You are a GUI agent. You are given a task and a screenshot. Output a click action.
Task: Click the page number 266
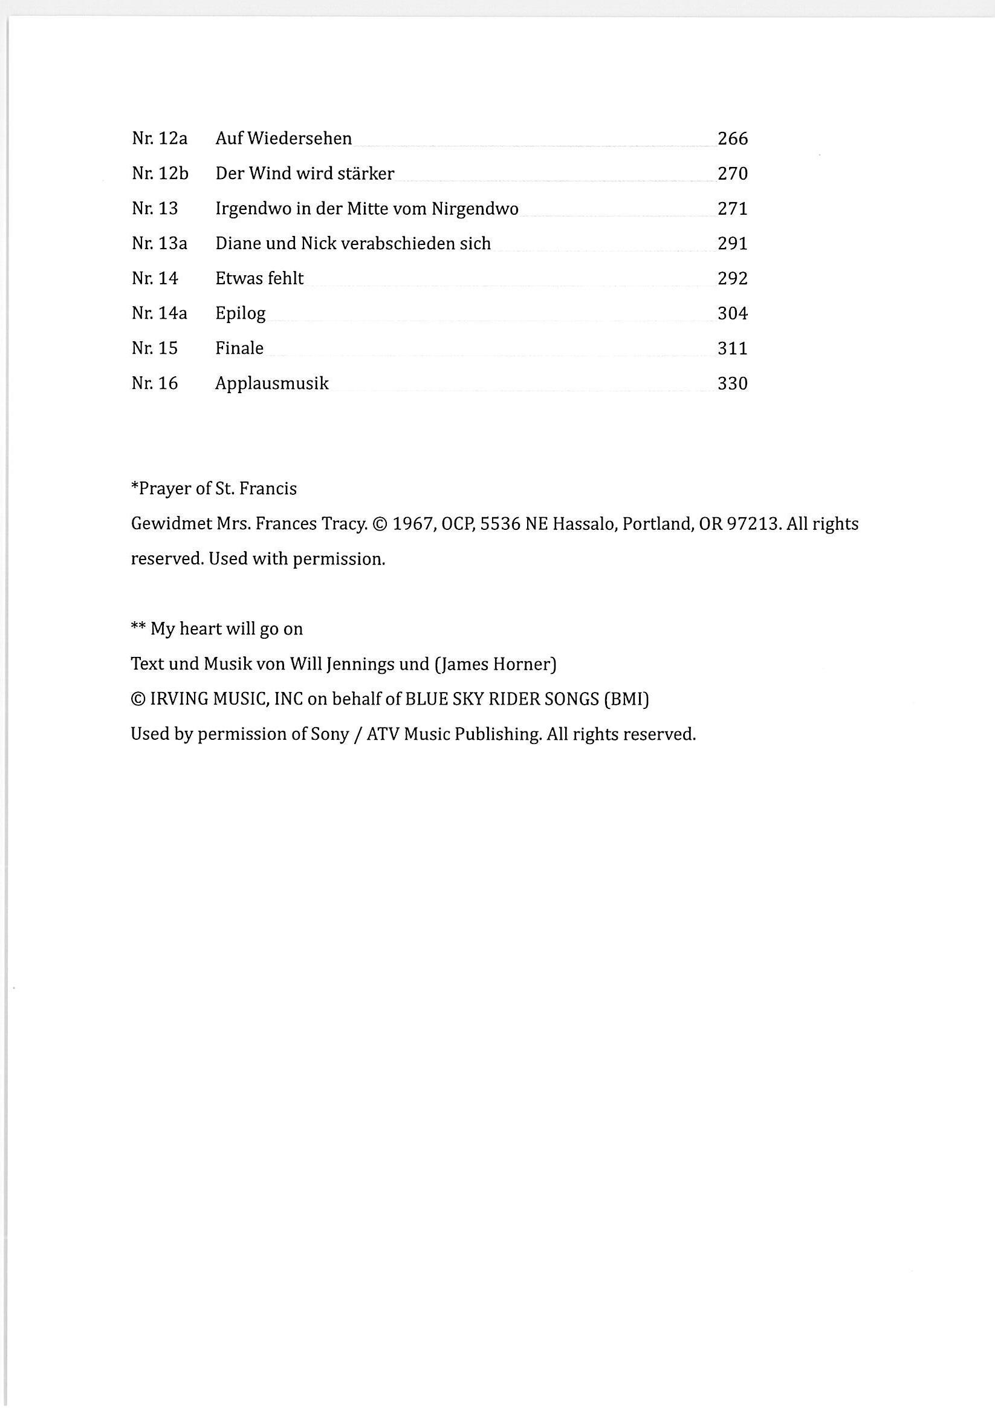(732, 139)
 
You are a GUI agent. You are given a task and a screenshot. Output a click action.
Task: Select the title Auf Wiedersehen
(284, 139)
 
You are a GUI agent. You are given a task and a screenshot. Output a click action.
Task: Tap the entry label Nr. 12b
(160, 174)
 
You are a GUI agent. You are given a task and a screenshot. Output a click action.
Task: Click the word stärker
(366, 174)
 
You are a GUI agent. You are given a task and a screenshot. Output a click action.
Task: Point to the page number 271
(732, 209)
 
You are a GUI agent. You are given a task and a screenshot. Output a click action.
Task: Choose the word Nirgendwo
(475, 209)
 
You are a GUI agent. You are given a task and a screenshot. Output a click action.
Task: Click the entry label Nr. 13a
(159, 244)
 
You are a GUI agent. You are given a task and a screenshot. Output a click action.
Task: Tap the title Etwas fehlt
(259, 279)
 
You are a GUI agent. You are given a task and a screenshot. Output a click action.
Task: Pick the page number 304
(732, 314)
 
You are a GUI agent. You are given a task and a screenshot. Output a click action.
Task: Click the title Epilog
(240, 314)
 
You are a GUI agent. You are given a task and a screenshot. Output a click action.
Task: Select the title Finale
(239, 348)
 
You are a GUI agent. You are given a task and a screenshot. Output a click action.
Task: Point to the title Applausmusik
(272, 384)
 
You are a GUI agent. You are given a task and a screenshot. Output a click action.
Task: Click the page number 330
(732, 384)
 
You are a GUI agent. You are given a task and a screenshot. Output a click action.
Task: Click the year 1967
(413, 524)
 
